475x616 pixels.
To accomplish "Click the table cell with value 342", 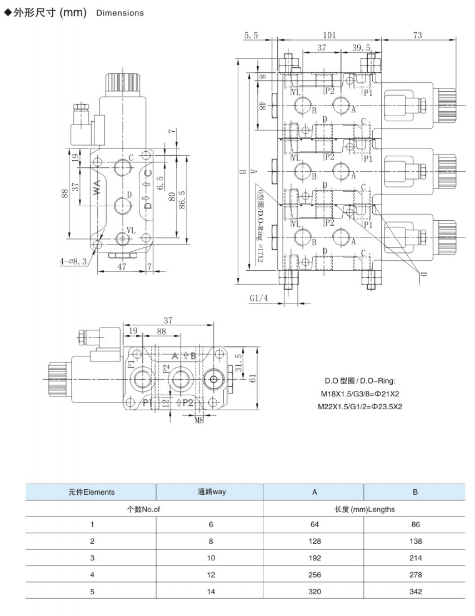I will [414, 592].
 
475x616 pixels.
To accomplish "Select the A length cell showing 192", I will [314, 558].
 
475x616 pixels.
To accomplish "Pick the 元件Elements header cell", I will [91, 491].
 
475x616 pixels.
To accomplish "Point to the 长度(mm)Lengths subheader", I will [364, 508].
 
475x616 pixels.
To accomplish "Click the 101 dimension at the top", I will [329, 35].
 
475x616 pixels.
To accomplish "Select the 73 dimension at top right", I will [417, 35].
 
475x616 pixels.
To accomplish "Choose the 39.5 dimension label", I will [361, 48].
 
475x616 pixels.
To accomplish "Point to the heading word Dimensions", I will [119, 13].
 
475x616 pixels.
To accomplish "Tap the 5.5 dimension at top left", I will [251, 35].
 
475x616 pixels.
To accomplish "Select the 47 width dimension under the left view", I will [122, 267].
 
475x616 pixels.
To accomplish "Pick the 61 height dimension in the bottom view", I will [252, 379].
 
